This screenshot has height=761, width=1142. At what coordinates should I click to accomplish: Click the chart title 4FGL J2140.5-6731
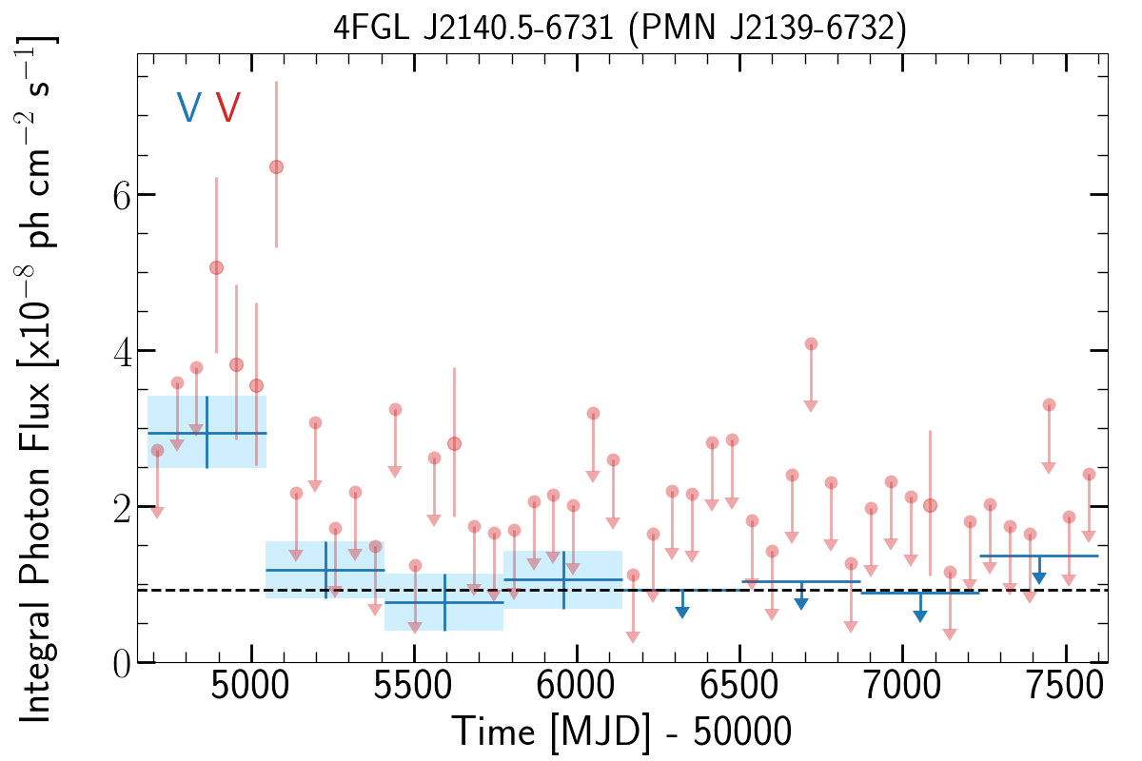click(473, 28)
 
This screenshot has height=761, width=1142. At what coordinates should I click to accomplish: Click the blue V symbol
click(189, 107)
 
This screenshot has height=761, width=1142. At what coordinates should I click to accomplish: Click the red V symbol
click(227, 107)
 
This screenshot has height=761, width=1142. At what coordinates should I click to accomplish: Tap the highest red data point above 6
click(276, 166)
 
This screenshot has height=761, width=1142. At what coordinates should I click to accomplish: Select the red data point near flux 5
click(216, 267)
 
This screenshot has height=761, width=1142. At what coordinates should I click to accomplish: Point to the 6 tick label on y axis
click(122, 196)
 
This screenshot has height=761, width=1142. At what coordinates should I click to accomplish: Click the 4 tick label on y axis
click(123, 352)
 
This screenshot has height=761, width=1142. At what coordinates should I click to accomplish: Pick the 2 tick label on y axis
click(123, 508)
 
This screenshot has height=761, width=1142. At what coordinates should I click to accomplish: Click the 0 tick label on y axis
click(122, 665)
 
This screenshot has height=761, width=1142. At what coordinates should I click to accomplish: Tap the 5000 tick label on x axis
click(249, 686)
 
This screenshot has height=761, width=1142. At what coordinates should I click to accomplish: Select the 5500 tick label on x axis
click(413, 686)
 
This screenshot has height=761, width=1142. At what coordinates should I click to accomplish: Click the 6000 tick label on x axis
click(576, 686)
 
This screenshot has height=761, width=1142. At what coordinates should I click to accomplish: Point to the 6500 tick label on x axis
click(738, 686)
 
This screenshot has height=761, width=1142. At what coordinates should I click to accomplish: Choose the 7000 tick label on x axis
click(902, 686)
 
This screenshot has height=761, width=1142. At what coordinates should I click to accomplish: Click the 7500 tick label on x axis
click(1065, 686)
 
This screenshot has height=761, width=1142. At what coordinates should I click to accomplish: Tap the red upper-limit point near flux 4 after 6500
click(811, 344)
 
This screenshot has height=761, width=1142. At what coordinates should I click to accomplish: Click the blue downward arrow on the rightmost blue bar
click(1039, 570)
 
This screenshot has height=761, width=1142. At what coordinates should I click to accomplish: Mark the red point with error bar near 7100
click(930, 506)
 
